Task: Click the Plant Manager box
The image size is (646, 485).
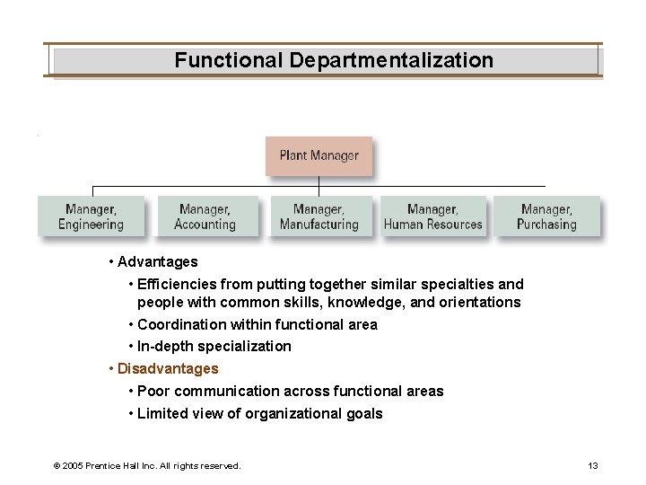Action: point(319,156)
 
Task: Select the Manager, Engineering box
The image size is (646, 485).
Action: point(91,216)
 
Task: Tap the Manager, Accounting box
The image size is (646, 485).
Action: point(205,216)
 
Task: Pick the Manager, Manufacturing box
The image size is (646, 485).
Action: point(319,216)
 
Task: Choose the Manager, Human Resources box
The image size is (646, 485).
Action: point(432,216)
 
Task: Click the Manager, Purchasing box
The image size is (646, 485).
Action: point(546,216)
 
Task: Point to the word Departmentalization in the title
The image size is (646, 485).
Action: point(391,60)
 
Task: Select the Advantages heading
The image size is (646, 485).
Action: point(157,262)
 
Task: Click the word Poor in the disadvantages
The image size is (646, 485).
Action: point(153,392)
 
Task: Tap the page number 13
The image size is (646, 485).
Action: point(592,465)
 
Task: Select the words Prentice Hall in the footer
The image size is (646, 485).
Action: point(117,465)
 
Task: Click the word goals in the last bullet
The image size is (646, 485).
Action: point(364,413)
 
